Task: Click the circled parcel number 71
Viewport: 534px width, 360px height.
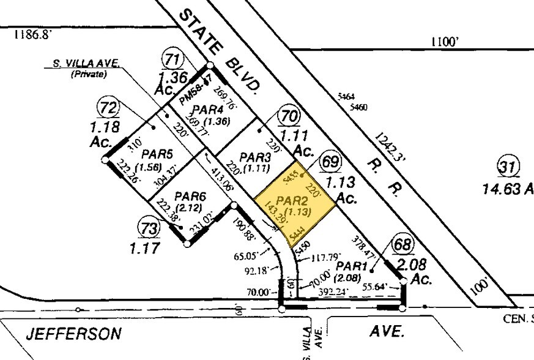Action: point(172,59)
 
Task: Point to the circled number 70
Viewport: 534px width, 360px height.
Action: point(287,115)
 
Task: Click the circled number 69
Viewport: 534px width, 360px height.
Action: point(330,163)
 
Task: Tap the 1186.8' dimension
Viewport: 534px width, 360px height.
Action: point(31,36)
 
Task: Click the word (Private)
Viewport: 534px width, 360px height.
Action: point(89,74)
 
